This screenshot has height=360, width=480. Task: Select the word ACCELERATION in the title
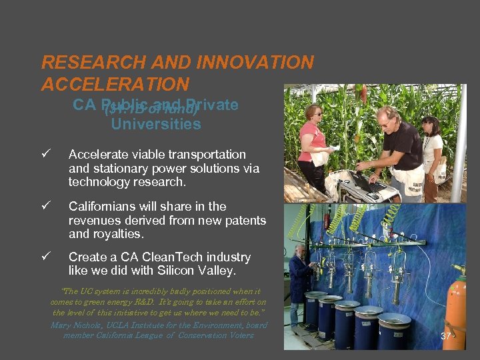click(x=115, y=84)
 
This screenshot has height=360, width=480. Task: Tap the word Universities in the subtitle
click(x=156, y=124)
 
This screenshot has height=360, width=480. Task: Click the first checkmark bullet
click(x=45, y=155)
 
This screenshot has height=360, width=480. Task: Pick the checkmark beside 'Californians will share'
click(x=45, y=207)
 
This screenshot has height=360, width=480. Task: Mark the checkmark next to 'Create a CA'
click(x=45, y=257)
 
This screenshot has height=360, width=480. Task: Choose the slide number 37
click(x=446, y=337)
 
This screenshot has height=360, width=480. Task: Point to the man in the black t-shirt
click(x=400, y=143)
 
